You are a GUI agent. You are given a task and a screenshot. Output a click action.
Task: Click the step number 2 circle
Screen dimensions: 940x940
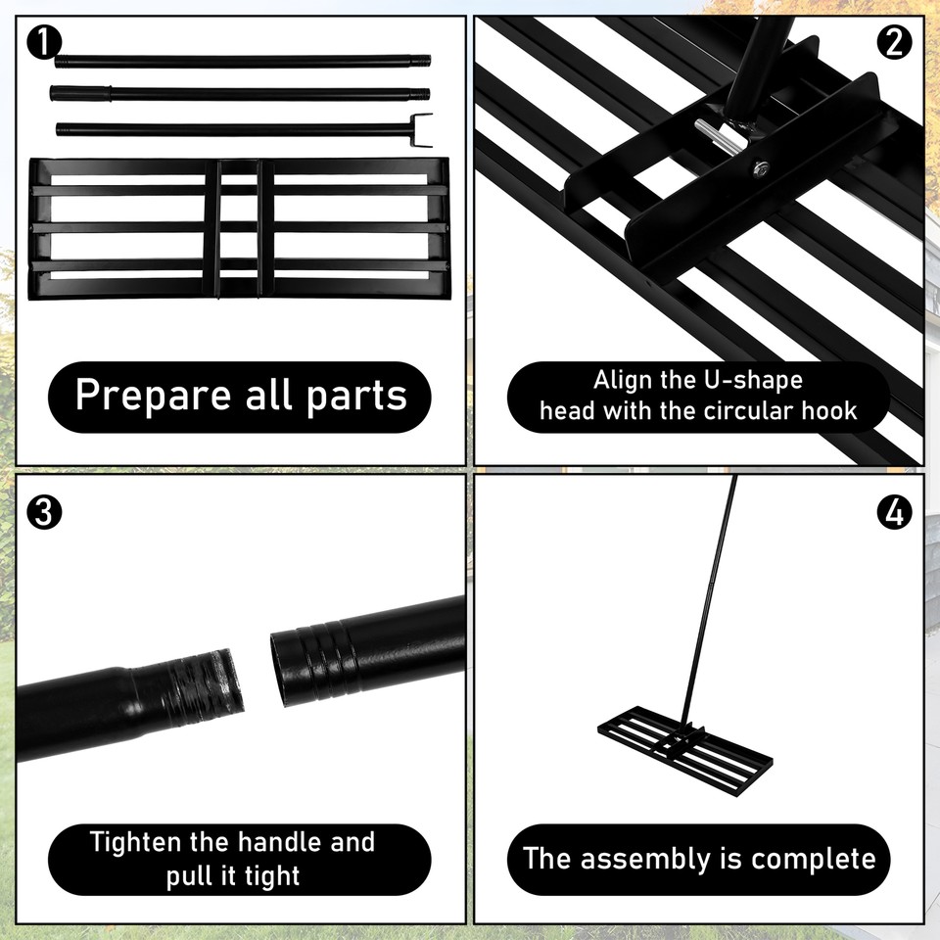pos(895,43)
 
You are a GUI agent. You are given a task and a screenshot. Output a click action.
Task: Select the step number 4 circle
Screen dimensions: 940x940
pos(895,512)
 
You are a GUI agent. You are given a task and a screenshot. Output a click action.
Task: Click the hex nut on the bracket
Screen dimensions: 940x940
pos(760,168)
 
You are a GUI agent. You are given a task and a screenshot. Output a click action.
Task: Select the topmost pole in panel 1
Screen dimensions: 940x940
pos(242,61)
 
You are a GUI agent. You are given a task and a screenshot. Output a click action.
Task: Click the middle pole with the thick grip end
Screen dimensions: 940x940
pos(240,94)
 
